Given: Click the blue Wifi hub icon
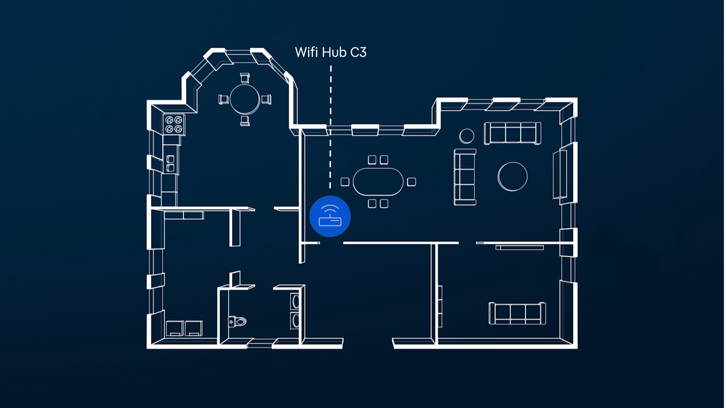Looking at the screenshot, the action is pos(330,217).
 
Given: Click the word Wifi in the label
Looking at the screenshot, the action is pos(307,52).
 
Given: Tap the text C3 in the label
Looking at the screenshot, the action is pos(358,52).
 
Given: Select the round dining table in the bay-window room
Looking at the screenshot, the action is pos(245,99).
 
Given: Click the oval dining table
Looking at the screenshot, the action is pos(378,182).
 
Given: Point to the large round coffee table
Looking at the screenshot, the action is pos(512,177).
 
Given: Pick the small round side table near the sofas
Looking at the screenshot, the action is pos(466,136).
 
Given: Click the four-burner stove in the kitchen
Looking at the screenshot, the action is pos(174,124).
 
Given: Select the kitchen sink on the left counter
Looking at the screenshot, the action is pos(170,163).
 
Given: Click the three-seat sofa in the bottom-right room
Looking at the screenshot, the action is pos(517,313).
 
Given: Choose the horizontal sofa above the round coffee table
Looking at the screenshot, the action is pos(512,133).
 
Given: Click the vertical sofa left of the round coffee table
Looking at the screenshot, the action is pos(465,177).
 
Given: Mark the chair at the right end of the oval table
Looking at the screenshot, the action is pos(411,182).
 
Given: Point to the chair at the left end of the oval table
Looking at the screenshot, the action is pos(345,182).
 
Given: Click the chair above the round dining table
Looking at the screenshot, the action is pos(245,78).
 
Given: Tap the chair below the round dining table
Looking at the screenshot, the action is pos(245,120).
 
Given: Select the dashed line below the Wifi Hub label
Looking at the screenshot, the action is pos(330,127).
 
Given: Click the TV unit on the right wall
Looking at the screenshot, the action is pos(560,174).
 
